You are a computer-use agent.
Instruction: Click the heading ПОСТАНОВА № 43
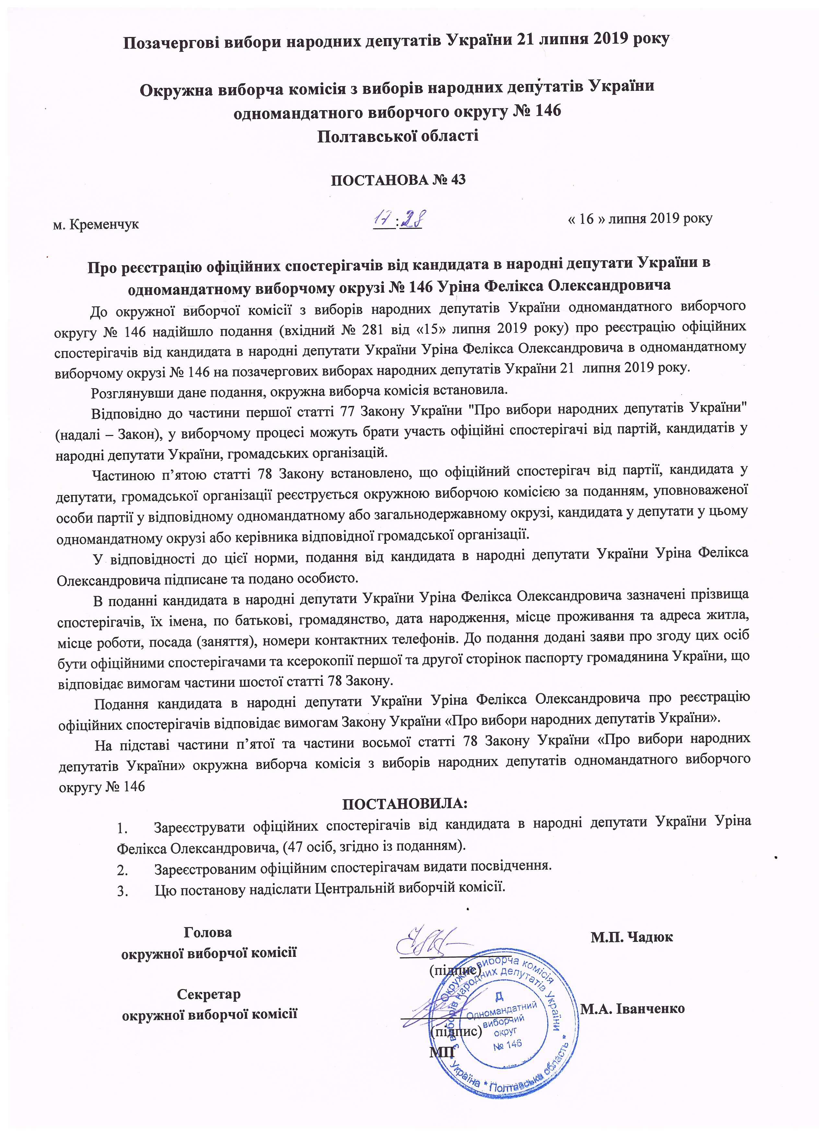click(x=398, y=180)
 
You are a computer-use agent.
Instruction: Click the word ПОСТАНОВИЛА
click(x=404, y=803)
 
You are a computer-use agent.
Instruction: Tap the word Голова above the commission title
click(x=208, y=932)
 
